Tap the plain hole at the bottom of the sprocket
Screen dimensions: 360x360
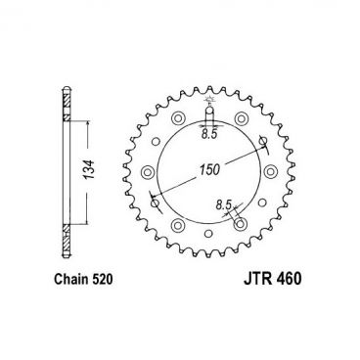[x=210, y=242]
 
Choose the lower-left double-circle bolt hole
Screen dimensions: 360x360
[x=176, y=231]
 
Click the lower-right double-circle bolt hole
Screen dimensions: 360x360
[x=245, y=231]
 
